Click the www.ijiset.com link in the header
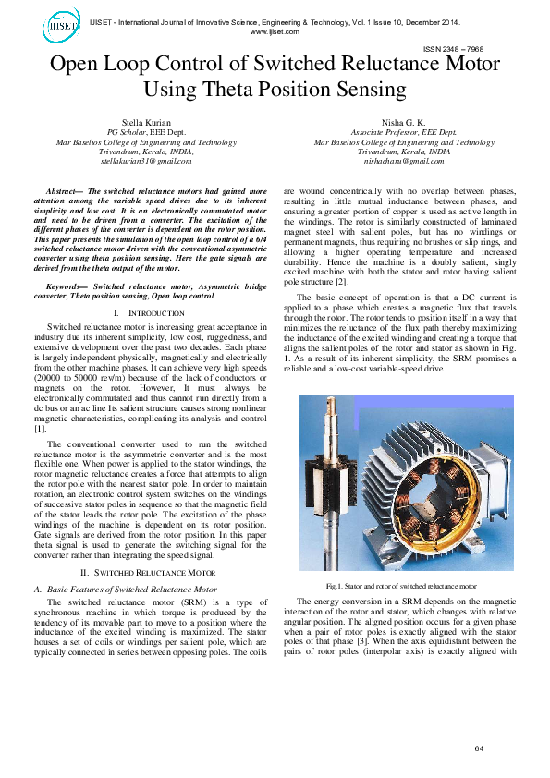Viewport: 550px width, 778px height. click(x=275, y=31)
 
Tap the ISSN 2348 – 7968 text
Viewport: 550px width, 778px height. click(x=454, y=48)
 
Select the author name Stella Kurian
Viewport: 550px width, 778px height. click(x=146, y=123)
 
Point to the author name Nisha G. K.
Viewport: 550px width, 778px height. click(x=404, y=123)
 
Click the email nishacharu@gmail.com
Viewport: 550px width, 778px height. click(x=404, y=161)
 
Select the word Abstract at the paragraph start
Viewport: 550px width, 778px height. click(x=68, y=188)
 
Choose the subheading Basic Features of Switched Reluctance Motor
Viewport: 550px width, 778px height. click(x=131, y=588)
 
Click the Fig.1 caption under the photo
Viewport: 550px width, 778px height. click(x=401, y=586)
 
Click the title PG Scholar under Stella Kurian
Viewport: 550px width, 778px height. click(x=128, y=133)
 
